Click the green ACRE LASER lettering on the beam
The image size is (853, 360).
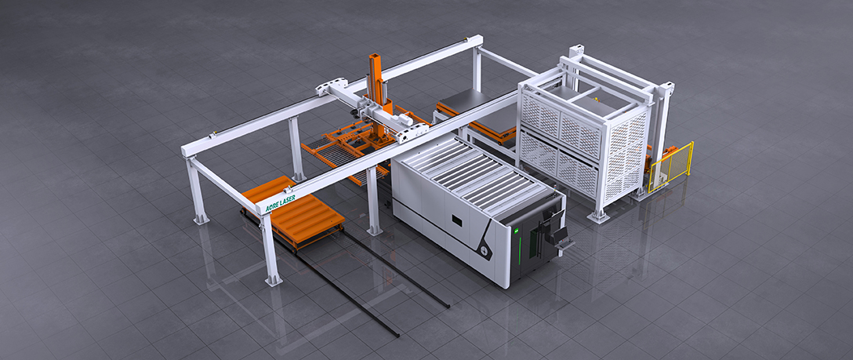[x=281, y=204]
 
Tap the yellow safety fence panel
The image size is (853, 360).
[x=671, y=165]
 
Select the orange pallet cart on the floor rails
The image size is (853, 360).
[x=292, y=211]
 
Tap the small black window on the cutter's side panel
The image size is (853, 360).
[x=457, y=220]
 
